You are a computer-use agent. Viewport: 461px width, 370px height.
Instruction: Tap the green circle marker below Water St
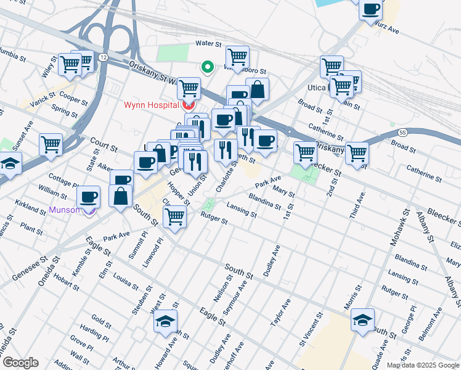(x=208, y=67)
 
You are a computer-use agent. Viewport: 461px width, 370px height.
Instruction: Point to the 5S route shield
(x=402, y=132)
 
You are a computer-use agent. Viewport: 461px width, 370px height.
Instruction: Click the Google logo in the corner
(x=20, y=363)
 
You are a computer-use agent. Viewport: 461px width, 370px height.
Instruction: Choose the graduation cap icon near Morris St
(x=362, y=319)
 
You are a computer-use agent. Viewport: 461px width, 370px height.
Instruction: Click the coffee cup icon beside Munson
(x=88, y=197)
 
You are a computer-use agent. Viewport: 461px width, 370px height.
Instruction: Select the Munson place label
(x=64, y=210)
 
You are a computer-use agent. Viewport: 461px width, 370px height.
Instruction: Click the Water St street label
(x=208, y=44)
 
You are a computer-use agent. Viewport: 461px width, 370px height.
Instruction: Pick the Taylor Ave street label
(x=285, y=313)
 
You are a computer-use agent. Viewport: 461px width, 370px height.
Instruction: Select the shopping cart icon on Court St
(x=51, y=145)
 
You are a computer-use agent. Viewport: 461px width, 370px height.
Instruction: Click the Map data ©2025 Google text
(x=422, y=365)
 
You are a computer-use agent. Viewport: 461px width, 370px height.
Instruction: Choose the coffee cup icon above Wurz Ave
(x=371, y=10)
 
